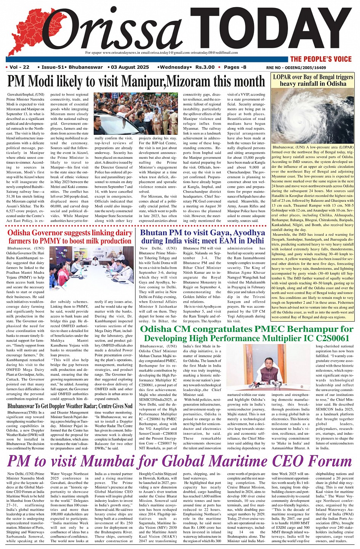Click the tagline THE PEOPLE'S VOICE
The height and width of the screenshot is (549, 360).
pos(321,59)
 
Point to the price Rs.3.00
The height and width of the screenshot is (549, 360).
pos(205,67)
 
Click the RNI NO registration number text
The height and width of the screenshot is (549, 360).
pos(296,68)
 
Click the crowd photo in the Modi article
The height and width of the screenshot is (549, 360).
pos(135,113)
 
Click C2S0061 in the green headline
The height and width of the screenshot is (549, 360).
pos(330,338)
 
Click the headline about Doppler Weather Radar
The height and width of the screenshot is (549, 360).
pos(70,406)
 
